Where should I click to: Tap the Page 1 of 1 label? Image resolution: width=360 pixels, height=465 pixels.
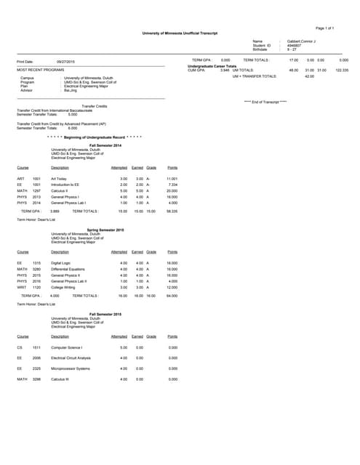(325, 27)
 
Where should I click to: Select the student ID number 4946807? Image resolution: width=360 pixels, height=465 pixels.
(295, 45)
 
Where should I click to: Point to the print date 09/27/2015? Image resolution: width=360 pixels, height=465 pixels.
(66, 62)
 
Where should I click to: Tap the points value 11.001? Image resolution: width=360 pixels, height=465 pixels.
(172, 178)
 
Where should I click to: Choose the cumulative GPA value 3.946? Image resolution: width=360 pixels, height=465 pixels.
(225, 70)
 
